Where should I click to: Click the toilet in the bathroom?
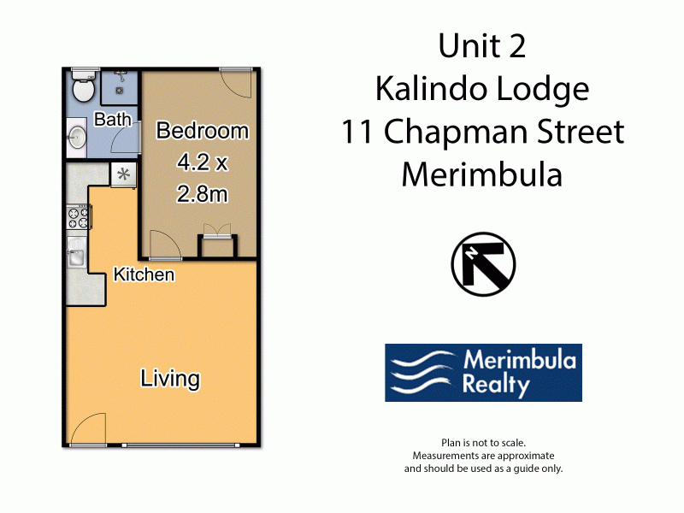coord(83,86)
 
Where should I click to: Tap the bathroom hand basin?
coord(77,137)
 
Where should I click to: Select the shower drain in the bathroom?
coord(119,91)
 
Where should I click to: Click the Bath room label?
coord(113,119)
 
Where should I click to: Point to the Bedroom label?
coord(203,131)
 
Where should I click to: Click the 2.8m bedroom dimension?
coord(203,194)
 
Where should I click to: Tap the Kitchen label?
coord(144,274)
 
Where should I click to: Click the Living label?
coord(170,378)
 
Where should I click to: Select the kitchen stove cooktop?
coord(79,217)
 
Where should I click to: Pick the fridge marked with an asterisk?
coord(123,174)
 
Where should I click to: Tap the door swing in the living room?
coord(89,429)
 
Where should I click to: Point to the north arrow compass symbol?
coord(483,264)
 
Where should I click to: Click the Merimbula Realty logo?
coord(483,373)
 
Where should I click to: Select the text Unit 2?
coord(482,45)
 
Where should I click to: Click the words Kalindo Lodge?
coord(482,90)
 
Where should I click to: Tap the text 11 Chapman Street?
coord(482,132)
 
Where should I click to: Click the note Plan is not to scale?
coord(483,443)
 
